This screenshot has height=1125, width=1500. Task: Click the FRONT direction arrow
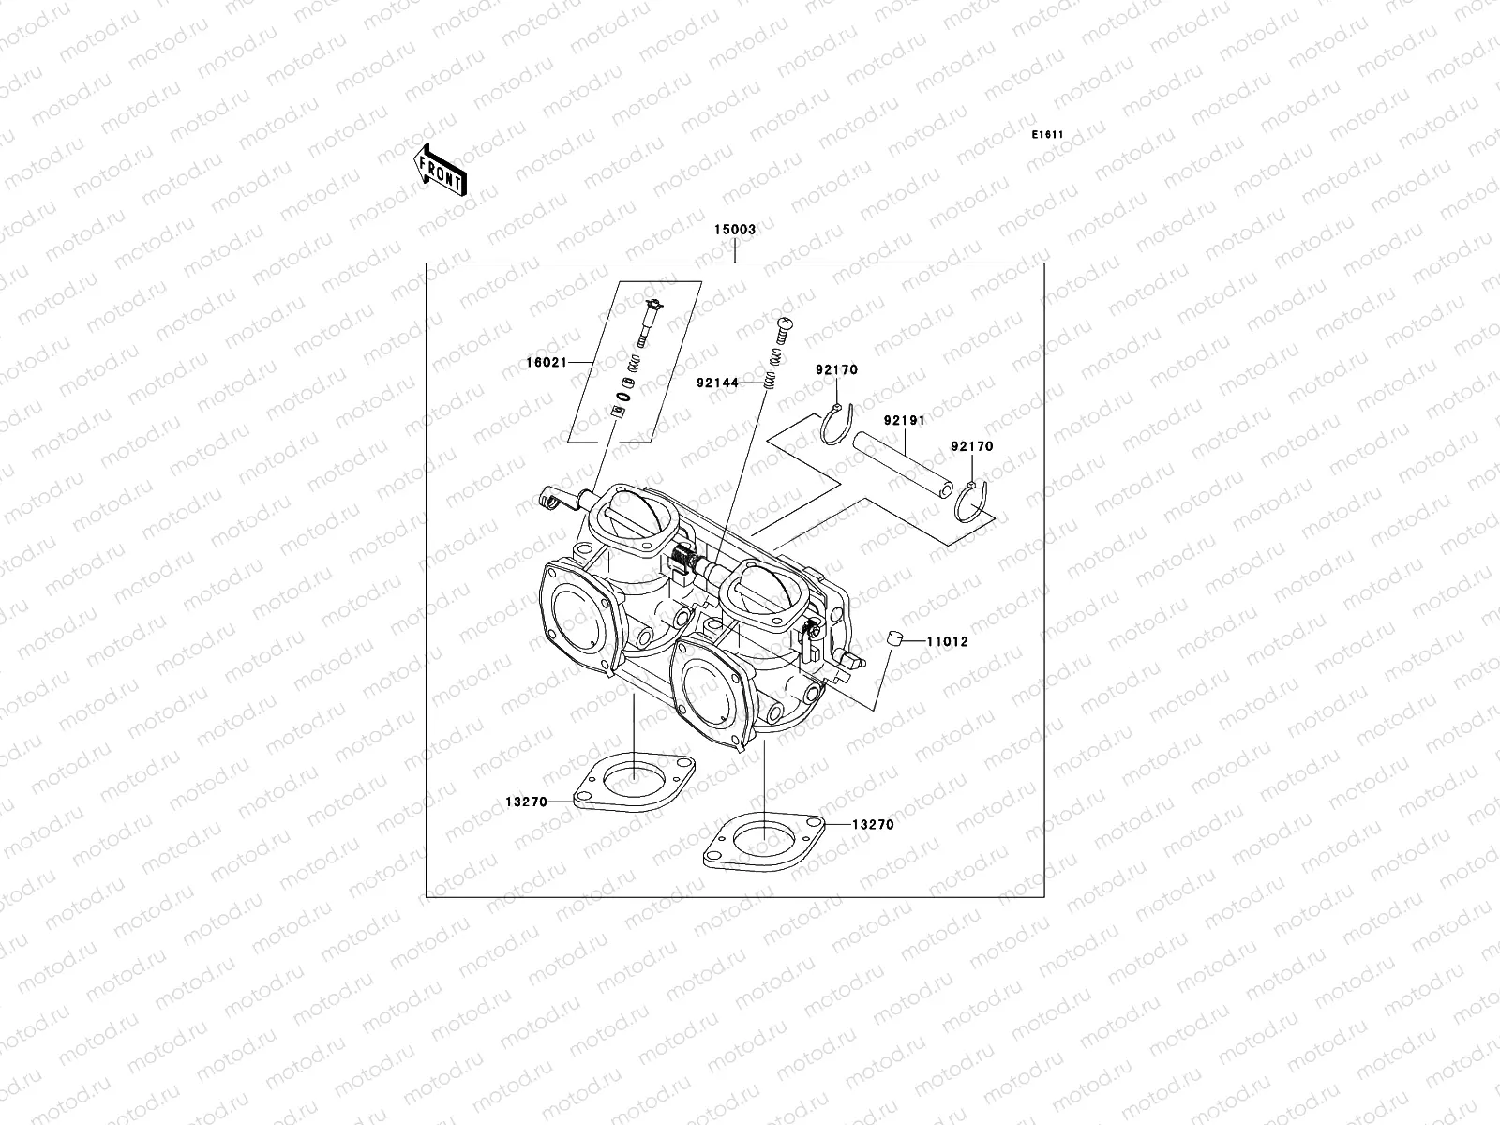440,169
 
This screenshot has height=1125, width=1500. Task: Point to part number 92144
717,382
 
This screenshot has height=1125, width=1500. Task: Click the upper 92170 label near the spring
836,370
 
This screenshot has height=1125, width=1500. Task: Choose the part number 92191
903,421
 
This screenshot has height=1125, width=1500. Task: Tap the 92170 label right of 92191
972,447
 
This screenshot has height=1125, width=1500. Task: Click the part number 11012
947,642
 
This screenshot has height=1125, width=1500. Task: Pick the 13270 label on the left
526,802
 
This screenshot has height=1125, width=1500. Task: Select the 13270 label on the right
872,825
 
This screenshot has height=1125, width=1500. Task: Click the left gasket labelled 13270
632,783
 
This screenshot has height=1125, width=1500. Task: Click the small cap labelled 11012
896,639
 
